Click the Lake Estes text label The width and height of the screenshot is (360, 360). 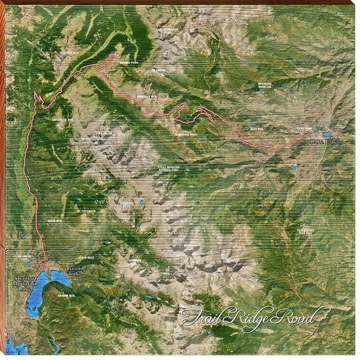[325, 143]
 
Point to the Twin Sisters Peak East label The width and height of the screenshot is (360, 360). [306, 231]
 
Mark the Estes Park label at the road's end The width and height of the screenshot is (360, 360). [304, 128]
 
